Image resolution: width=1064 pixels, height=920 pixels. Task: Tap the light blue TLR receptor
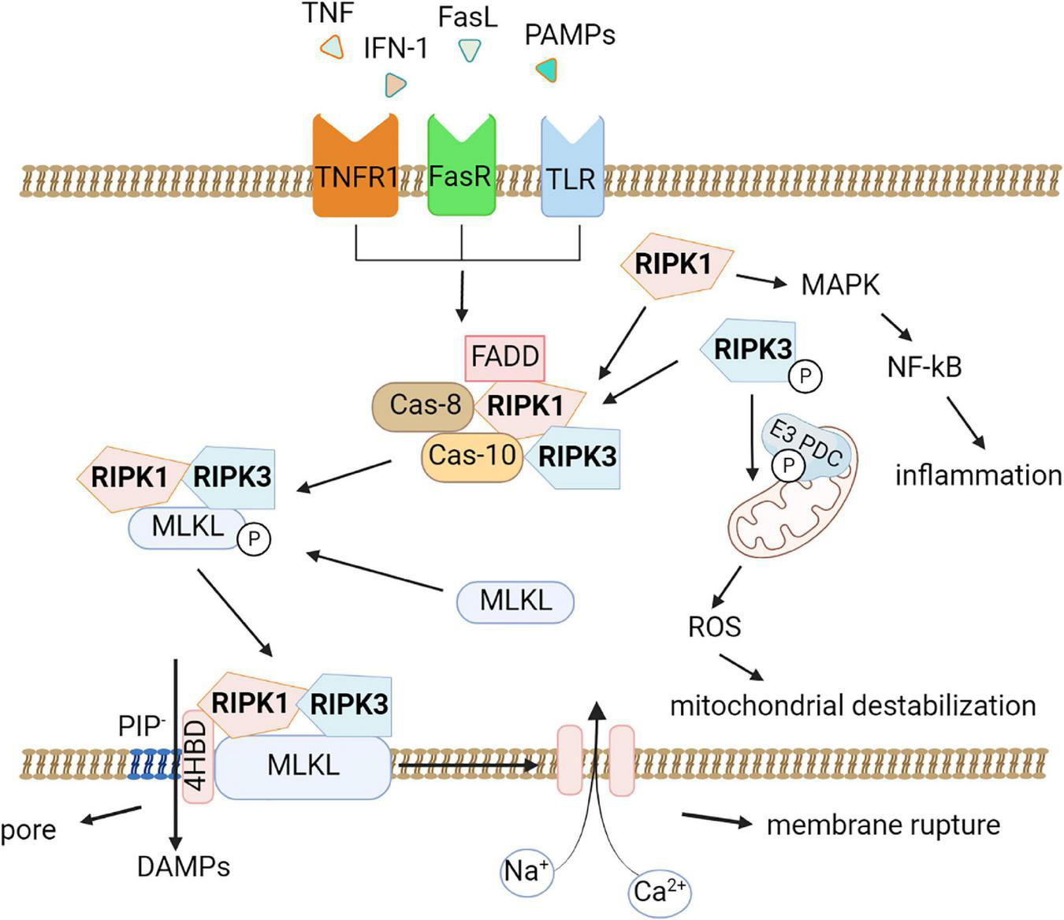572,170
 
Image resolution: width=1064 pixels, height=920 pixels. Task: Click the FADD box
505,356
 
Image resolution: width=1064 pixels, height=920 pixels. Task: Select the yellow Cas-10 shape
471,456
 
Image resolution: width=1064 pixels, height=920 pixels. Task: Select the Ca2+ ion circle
660,892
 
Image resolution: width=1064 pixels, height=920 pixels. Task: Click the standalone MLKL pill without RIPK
515,602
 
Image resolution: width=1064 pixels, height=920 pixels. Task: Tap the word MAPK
840,285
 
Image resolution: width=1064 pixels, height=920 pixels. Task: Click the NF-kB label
924,367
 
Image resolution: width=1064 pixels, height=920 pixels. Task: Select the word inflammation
978,476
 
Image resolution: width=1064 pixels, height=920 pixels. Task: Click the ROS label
714,627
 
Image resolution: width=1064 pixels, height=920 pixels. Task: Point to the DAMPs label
184,867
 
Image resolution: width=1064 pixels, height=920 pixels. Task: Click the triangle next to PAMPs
546,70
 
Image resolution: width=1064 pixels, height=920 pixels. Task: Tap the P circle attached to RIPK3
805,377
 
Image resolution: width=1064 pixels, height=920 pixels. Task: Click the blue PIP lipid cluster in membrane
153,764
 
